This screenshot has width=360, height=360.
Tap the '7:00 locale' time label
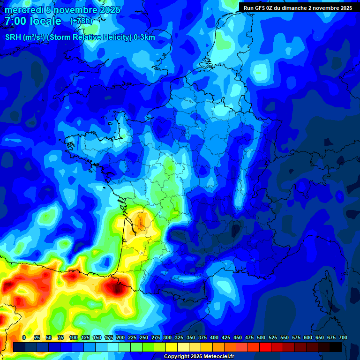coord(33,22)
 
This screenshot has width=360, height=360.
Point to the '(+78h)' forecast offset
coord(81,21)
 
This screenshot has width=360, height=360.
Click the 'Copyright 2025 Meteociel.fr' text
coord(199,356)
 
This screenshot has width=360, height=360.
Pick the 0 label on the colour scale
coord(24,337)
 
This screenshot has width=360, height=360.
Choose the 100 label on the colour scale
coord(74,337)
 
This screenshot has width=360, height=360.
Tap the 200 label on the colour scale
coord(120,337)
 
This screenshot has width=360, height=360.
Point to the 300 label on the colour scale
coord(167,337)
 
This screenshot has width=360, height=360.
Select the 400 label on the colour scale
coord(214,337)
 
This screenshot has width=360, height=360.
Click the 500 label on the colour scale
coord(261,337)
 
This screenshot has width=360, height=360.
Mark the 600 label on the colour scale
coord(308,337)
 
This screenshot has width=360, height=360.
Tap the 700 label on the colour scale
coord(343,337)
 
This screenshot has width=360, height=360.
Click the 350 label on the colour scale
coord(191,337)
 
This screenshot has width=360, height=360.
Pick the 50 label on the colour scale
coord(49,337)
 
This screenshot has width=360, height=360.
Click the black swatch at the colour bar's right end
coord(336,347)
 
